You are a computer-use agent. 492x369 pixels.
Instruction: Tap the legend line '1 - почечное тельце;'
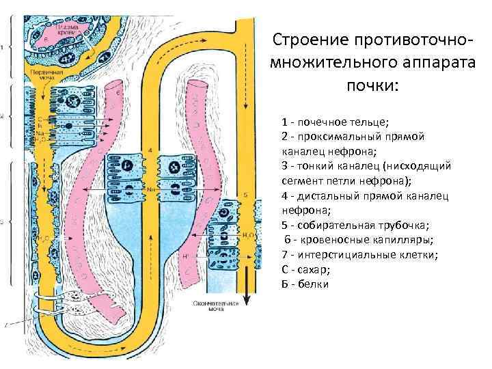[335, 122]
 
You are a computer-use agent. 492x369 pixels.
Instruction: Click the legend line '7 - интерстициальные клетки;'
[359, 254]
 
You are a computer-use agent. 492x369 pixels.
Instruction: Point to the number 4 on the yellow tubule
[150, 148]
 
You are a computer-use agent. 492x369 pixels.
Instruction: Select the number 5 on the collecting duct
[245, 195]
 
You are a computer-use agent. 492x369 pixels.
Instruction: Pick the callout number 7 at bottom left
[5, 326]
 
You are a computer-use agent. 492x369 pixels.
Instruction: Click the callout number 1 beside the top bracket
[3, 47]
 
